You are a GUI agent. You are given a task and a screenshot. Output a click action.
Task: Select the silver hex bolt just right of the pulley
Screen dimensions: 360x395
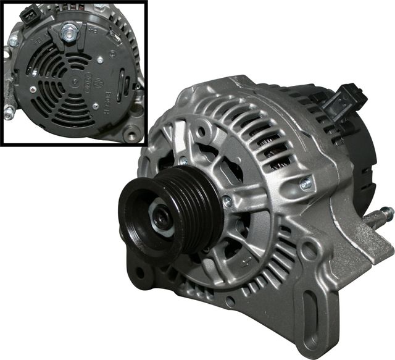pyautogui.click(x=227, y=201)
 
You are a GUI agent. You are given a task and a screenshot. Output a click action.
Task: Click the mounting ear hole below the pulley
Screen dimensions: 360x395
pyautogui.click(x=141, y=272)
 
